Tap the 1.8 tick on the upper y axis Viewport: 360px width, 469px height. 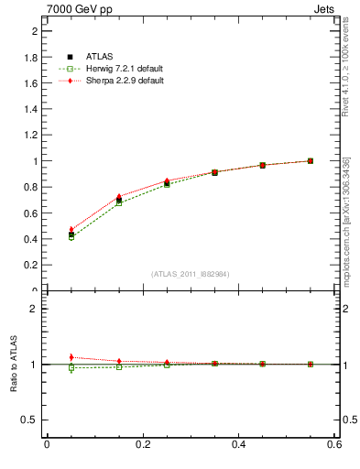pos(36,57)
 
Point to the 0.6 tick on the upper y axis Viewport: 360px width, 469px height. pos(36,213)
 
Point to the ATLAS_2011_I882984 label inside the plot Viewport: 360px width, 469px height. pos(191,274)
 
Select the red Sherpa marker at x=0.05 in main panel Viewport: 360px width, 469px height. pos(71,230)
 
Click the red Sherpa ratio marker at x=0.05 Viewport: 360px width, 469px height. pos(71,357)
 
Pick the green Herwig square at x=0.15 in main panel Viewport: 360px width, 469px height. pos(119,202)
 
